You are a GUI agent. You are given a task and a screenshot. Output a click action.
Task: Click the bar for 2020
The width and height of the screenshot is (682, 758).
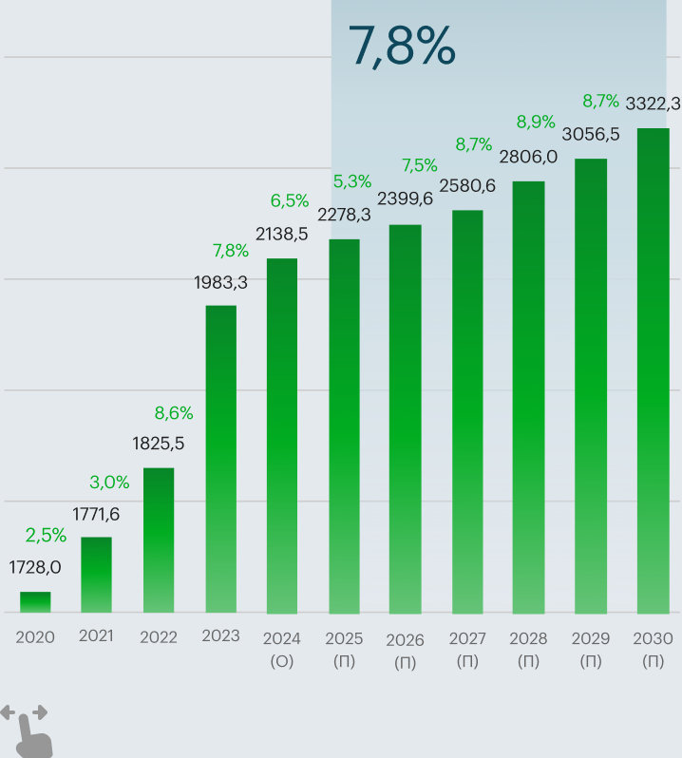coord(35,602)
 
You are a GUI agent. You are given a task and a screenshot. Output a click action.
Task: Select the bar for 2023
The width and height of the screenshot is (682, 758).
coord(221,459)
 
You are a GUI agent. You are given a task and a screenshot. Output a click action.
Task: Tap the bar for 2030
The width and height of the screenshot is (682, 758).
coord(653,370)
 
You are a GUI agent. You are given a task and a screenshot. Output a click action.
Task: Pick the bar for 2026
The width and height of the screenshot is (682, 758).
coord(406,418)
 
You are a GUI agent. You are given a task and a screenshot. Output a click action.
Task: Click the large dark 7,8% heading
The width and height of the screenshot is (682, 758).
coord(402,47)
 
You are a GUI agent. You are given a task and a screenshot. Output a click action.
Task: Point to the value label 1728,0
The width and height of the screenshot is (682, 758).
coord(35,567)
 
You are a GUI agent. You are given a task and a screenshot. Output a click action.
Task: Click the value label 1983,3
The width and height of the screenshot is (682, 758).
coord(221,282)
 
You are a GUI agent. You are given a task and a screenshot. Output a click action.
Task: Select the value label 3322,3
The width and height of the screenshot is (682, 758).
coord(653,104)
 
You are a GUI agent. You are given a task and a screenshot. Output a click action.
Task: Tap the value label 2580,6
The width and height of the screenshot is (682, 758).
coord(467,186)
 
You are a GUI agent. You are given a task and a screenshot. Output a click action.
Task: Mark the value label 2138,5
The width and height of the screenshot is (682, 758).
coord(282,234)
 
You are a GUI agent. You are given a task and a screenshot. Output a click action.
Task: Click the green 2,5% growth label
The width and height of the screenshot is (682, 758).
coord(46,536)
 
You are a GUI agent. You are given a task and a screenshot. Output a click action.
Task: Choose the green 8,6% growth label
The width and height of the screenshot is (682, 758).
coord(174,413)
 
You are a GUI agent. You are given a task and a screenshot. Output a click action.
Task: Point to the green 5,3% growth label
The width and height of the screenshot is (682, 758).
coord(351,181)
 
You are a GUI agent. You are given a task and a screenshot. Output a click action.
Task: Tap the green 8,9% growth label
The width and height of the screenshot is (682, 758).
coord(536,122)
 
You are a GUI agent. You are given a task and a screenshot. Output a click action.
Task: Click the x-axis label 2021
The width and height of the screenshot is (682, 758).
coord(96,636)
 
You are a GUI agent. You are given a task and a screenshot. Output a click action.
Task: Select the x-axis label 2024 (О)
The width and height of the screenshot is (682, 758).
coord(282,649)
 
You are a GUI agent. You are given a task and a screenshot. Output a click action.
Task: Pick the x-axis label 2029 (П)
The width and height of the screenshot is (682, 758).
coord(591,649)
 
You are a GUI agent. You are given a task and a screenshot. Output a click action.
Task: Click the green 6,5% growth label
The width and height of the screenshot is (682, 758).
coord(290,200)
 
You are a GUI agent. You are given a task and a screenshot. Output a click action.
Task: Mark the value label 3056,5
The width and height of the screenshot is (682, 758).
coord(591,134)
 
